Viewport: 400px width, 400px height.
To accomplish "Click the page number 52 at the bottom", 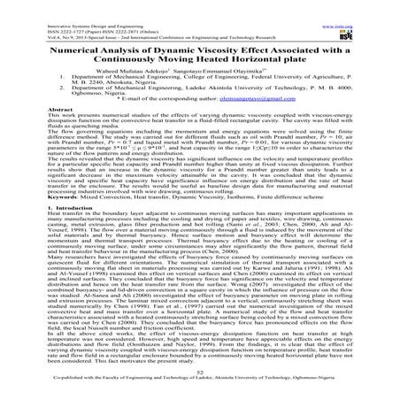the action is tap(200, 376).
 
